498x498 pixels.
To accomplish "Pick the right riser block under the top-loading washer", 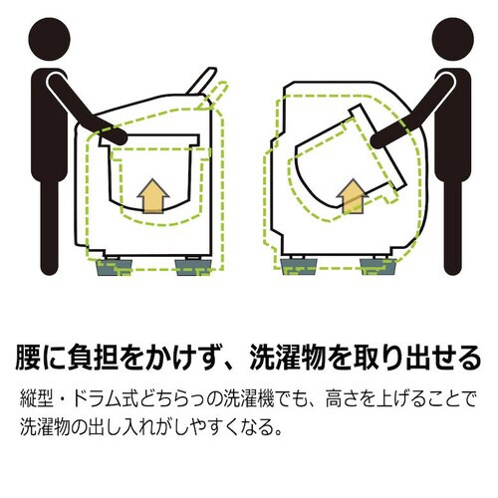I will [x=190, y=266].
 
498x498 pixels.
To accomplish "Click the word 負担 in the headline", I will [x=96, y=357].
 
